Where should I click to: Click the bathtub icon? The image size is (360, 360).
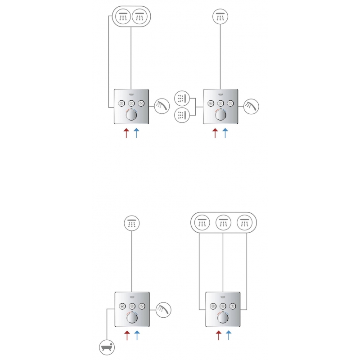pyautogui.click(x=108, y=347)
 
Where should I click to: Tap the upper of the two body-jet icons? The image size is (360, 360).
pyautogui.click(x=182, y=97)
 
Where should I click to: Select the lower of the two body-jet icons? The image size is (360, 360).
pyautogui.click(x=182, y=115)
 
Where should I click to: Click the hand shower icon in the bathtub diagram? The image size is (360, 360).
pyautogui.click(x=163, y=309)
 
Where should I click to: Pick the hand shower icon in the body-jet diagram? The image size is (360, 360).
pyautogui.click(x=251, y=106)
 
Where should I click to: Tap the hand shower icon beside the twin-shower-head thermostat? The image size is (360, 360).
pyautogui.click(x=161, y=106)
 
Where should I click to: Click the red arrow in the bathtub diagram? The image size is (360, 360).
pyautogui.click(x=127, y=334)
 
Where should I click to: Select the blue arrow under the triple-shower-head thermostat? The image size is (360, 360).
pyautogui.click(x=229, y=334)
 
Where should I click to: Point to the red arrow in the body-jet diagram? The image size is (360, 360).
pyautogui.click(x=215, y=133)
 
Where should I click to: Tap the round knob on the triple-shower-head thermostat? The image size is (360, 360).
pyautogui.click(x=222, y=319)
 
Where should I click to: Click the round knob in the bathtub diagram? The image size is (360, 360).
pyautogui.click(x=131, y=319)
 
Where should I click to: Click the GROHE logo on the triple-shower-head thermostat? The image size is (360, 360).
pyautogui.click(x=222, y=297)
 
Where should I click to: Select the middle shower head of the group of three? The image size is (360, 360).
pyautogui.click(x=223, y=222)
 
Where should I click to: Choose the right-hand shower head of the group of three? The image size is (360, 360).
pyautogui.click(x=245, y=222)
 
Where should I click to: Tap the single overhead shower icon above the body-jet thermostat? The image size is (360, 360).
pyautogui.click(x=220, y=17)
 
